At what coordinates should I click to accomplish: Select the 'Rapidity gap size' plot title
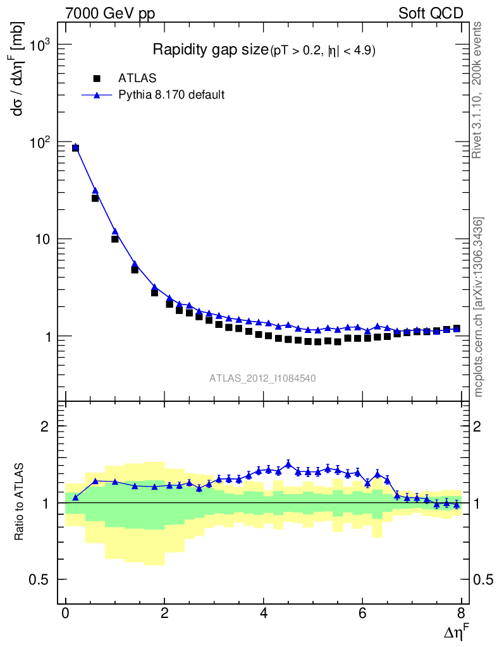click(x=211, y=50)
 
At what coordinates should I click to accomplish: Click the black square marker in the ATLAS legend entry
click(x=97, y=78)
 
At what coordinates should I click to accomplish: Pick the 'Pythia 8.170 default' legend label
click(x=171, y=95)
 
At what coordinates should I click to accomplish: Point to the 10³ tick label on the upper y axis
click(x=40, y=45)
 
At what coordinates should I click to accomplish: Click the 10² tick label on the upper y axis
click(x=40, y=143)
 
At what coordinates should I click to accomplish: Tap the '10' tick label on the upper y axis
click(x=44, y=239)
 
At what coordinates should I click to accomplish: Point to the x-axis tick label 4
click(x=264, y=614)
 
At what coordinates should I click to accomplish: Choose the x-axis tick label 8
click(x=462, y=614)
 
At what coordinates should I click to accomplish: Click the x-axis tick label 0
click(x=66, y=614)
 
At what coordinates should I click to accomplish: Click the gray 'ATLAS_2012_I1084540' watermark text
click(x=263, y=378)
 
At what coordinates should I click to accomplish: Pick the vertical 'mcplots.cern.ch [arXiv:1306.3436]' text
click(x=479, y=307)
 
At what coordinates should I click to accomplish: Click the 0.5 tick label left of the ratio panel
click(x=40, y=580)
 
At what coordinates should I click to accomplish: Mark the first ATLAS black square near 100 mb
click(x=75, y=148)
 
